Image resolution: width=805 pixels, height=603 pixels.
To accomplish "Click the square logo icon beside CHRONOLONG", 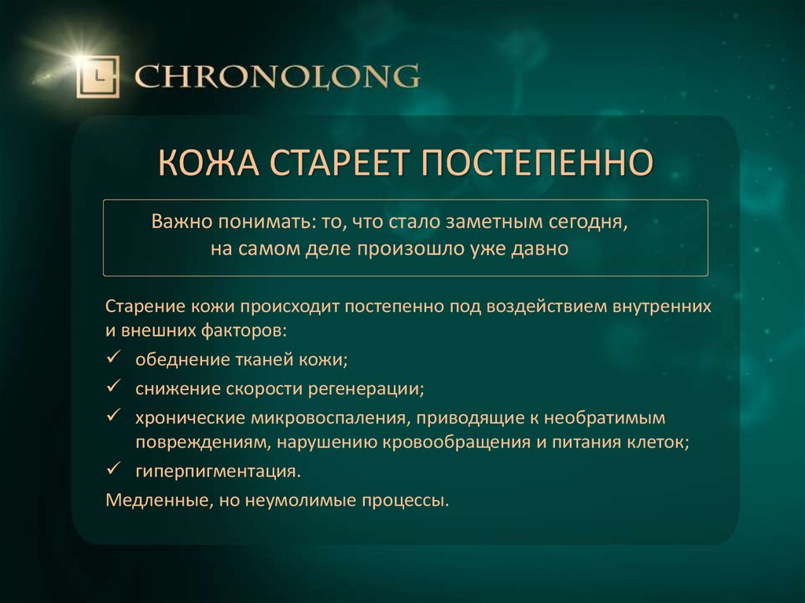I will click(x=97, y=77).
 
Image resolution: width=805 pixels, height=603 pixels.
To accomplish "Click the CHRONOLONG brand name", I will click(x=277, y=78).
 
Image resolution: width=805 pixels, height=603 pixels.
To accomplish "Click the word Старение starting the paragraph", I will click(x=145, y=305).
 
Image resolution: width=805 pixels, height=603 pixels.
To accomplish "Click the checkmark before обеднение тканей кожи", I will click(x=112, y=358).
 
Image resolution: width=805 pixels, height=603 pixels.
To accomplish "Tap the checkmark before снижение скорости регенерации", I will click(x=112, y=387).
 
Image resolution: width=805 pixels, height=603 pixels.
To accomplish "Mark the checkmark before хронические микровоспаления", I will click(x=112, y=414).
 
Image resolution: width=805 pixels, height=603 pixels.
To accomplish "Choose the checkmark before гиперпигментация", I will click(x=112, y=470).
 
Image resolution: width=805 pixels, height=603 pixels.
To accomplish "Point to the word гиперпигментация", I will click(x=216, y=472).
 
